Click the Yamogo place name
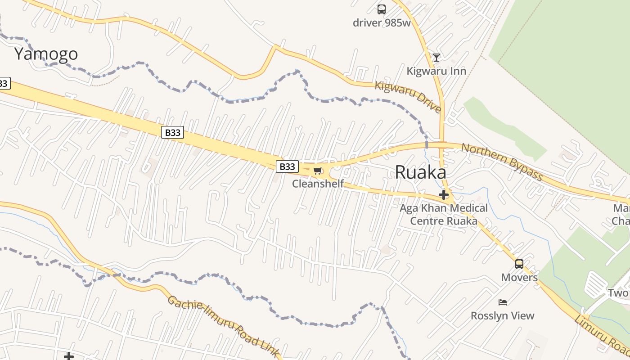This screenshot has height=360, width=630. pos(46,54)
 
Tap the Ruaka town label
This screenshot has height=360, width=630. pos(420,172)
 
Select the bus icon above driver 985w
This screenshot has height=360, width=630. pos(382,9)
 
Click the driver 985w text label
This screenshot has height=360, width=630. pos(382,22)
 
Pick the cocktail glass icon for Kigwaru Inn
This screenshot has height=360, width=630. pos(436,57)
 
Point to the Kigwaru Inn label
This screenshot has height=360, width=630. pos(436,71)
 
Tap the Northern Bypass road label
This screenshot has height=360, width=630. pos(502,162)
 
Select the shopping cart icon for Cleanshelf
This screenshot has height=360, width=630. pos(318,171)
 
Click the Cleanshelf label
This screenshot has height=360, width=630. pos(318,184)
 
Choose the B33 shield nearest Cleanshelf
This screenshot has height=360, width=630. pos(287,166)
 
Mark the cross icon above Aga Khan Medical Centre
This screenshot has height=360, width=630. pos(444,195)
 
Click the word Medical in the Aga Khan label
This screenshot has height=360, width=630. pos(466,208)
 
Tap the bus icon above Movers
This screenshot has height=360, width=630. pos(519,264)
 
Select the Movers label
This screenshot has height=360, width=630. pos(519,277)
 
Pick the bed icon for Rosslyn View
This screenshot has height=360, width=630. pos(503,302)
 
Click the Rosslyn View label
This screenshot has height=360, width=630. pos(502,315)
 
